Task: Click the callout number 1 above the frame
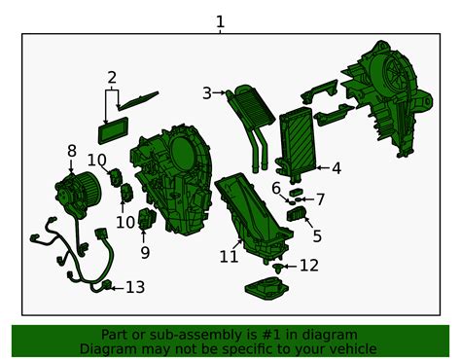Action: [x=220, y=22]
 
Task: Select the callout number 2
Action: [x=112, y=78]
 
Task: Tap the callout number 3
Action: [x=207, y=93]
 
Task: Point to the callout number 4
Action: [x=337, y=168]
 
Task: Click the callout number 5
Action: [x=317, y=236]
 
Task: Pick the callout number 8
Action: [x=72, y=151]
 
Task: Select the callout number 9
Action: [x=145, y=253]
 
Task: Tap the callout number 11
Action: [x=229, y=257]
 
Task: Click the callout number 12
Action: [x=309, y=266]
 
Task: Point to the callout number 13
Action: [x=135, y=287]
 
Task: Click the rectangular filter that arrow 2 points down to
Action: [x=113, y=130]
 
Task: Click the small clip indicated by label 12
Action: [x=277, y=268]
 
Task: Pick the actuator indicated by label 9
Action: [x=147, y=218]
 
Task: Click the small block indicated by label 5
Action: [x=297, y=213]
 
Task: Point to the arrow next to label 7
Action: [x=308, y=199]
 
